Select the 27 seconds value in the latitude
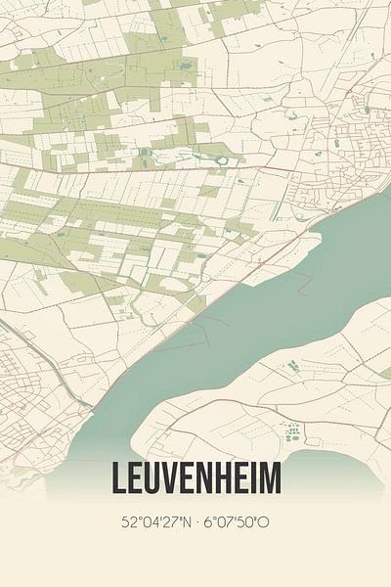tap(174, 521)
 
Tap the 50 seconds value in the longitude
tap(246, 521)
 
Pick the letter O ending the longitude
tap(263, 521)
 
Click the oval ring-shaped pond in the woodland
tap(222, 159)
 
